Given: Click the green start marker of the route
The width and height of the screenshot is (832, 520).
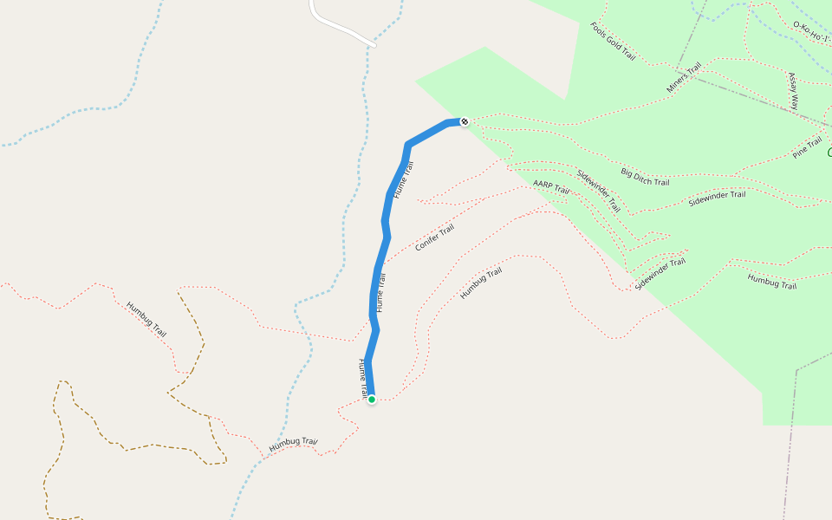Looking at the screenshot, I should coord(372,400).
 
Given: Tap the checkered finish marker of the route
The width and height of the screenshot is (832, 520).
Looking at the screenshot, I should coord(465,121).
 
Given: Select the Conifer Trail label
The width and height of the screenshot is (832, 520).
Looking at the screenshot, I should coord(434,237).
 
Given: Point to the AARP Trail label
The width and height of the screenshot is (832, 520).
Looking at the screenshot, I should coord(551,187).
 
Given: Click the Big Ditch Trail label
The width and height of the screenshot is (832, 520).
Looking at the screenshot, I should coord(645,177).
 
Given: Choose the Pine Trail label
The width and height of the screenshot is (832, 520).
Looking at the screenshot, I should coord(807,148).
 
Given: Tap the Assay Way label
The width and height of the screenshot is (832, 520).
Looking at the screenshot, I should coord(793,90).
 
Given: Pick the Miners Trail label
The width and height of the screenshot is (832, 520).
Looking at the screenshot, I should coord(683,80).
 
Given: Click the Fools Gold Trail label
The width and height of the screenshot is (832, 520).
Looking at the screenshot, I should coord(614,42).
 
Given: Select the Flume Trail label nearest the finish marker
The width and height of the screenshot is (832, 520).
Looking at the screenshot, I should coord(404,179).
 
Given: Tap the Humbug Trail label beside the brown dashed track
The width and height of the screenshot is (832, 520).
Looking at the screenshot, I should coord(146,319).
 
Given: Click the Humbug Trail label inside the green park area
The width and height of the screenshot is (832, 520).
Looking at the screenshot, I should coord(771,281).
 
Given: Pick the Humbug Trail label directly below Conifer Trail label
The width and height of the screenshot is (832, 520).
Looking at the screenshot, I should coord(481,284).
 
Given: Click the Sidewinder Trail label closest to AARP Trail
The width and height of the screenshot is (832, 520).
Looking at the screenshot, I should coord(598,191).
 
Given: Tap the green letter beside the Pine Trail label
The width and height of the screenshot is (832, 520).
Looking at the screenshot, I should coord(829,153).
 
